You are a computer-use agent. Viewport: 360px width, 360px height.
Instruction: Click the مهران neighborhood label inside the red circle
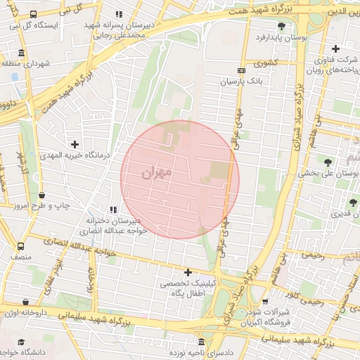tap(156, 173)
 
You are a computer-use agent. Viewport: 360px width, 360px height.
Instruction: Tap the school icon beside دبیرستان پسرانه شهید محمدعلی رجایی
tap(119, 14)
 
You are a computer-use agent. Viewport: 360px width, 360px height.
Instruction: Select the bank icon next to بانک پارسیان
tap(242, 70)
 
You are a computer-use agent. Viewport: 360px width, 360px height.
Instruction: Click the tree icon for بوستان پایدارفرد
tap(281, 25)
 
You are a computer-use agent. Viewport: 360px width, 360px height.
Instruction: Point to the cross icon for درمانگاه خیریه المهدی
tap(75, 144)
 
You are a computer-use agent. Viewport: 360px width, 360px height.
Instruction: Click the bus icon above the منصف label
tap(20, 247)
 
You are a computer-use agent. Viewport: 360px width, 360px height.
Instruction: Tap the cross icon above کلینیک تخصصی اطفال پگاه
tap(188, 272)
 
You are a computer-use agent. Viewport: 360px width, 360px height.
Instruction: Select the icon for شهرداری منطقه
tap(21, 53)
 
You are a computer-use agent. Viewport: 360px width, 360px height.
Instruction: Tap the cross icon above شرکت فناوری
tap(335, 49)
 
